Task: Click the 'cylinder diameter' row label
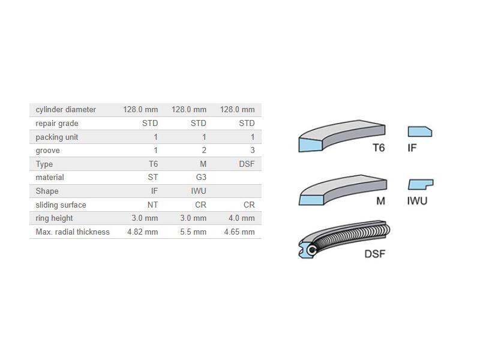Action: coord(66,110)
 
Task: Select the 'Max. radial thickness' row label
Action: coord(73,232)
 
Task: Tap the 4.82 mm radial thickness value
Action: coord(143,232)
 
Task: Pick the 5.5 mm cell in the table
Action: coord(193,232)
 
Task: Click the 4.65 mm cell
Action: coord(239,232)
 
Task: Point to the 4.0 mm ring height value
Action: coord(242,218)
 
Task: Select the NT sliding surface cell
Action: coord(153,205)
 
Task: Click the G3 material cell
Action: coord(201,177)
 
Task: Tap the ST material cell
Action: coord(153,177)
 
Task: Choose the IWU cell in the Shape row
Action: coord(199,191)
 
